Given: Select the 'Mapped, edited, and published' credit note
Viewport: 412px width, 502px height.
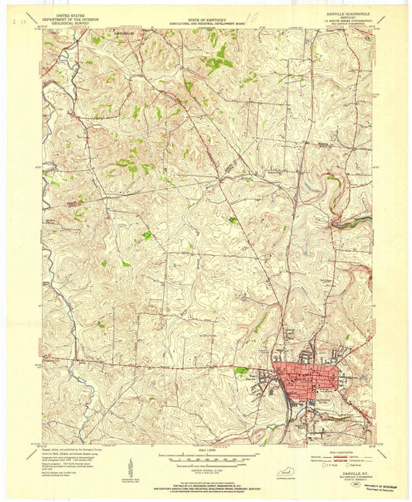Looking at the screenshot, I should [x=70, y=449].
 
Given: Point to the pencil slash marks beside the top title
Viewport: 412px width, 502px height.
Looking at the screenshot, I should [x=251, y=16].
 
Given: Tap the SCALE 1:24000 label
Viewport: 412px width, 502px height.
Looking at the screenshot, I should [x=206, y=448].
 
